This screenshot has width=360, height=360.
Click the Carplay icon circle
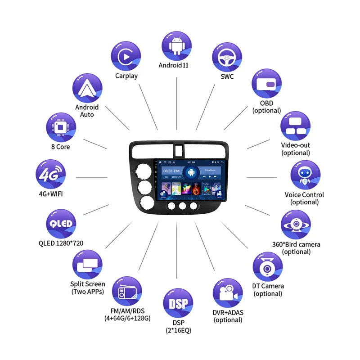click(x=126, y=55)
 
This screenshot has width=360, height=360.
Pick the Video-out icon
click(x=295, y=126)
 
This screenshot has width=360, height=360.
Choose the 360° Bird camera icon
click(x=296, y=225)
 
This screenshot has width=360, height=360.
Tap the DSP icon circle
click(x=178, y=303)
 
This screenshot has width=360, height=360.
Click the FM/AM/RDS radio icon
click(x=126, y=292)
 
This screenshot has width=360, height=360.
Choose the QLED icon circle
click(x=61, y=224)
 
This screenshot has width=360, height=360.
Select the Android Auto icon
click(x=87, y=88)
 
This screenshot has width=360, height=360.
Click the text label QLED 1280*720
click(x=61, y=243)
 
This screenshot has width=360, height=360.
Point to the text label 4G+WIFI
click(x=51, y=195)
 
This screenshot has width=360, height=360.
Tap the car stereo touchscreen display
click(x=191, y=179)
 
